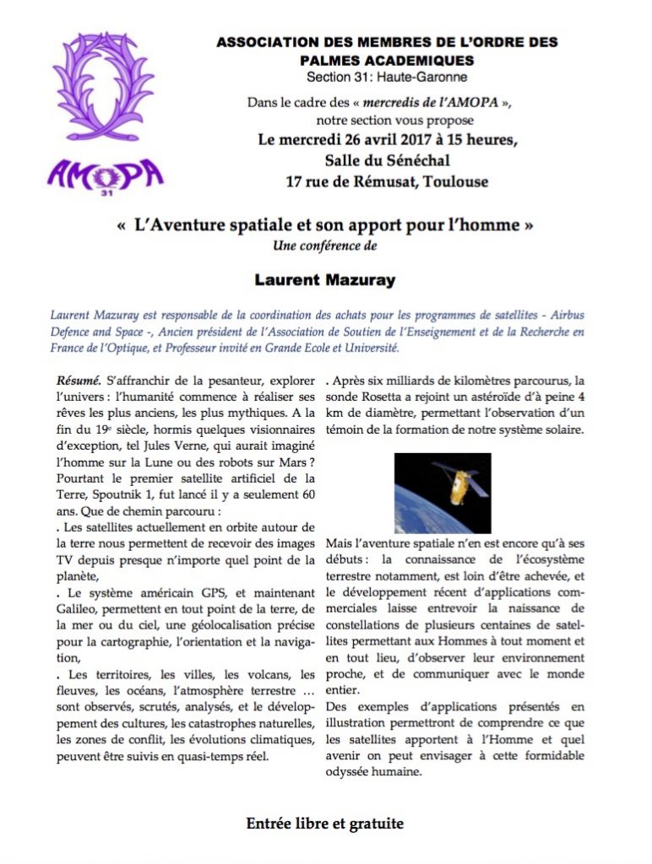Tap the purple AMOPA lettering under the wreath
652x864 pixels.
(106, 175)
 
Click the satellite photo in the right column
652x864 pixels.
(442, 493)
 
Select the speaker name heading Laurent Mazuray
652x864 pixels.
(326, 278)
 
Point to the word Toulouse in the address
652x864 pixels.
(457, 181)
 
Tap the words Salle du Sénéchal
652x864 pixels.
(387, 160)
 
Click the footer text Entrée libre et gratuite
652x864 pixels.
(325, 823)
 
